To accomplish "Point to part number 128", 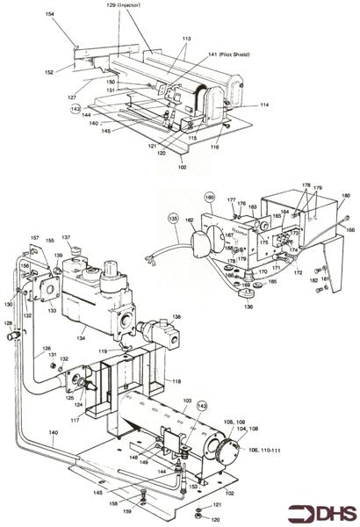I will click(10, 324).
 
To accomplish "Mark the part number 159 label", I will click(127, 513).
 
